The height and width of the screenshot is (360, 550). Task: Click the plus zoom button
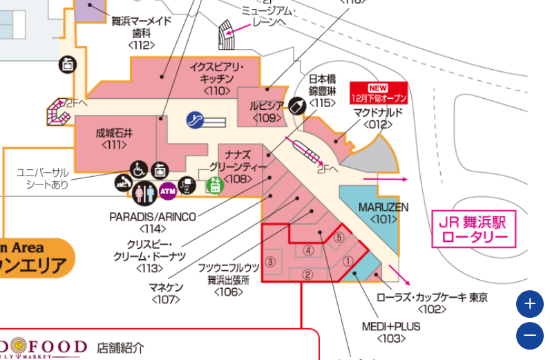(530, 304)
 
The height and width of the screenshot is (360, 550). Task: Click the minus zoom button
(530, 336)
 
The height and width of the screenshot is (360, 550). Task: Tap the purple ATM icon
(167, 190)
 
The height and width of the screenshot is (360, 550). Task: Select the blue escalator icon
(195, 121)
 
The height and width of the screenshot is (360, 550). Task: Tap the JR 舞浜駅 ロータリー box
(474, 230)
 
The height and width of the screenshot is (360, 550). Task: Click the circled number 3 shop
(271, 262)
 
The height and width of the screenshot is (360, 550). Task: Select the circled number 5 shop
(339, 237)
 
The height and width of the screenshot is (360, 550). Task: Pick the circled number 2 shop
(307, 274)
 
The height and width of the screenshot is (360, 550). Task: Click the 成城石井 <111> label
(114, 139)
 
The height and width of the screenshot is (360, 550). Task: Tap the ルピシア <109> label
(267, 111)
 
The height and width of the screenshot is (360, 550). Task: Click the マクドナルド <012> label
(377, 118)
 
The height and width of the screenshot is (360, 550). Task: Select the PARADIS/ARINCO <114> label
(153, 222)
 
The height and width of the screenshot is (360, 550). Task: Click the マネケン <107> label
(166, 294)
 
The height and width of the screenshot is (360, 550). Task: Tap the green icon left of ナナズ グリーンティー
(215, 185)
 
